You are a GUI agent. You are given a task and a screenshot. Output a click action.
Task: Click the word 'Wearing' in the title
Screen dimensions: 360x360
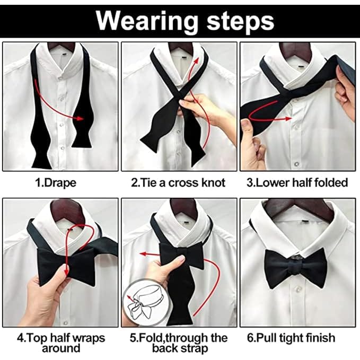pos(147,22)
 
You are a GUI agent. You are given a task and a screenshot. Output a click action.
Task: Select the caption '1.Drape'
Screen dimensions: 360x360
pos(56,183)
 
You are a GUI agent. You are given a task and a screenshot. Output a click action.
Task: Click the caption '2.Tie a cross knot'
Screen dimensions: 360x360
pos(178,183)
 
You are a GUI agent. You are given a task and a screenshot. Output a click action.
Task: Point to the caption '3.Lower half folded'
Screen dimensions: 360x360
pos(297,183)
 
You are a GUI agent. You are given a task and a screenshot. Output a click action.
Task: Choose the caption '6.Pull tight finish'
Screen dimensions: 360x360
pos(291,338)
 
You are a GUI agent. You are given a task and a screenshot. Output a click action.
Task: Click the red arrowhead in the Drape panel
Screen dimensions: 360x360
pos(80,118)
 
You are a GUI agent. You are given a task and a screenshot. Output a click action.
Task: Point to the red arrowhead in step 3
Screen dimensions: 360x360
pos(288,118)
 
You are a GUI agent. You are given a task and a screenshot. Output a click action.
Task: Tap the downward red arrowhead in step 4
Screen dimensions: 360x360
pos(67,272)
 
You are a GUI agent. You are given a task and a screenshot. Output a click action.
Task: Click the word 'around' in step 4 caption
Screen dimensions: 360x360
pos(61,348)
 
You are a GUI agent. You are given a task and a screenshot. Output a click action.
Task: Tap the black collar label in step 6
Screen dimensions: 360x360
pos(305,222)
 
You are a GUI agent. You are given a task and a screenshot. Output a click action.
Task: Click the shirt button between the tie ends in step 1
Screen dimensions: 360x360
pos(62,125)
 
